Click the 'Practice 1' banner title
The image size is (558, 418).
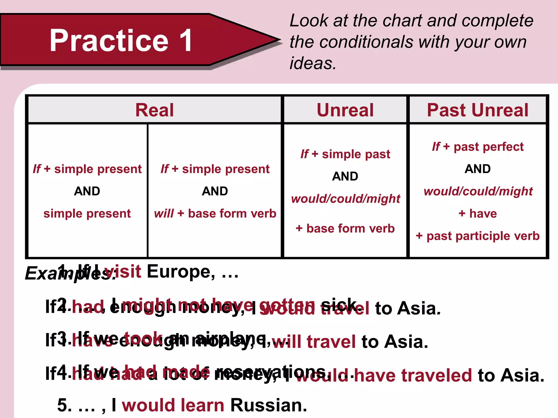(121, 41)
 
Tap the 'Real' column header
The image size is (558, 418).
(154, 110)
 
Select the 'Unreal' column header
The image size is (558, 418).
(345, 110)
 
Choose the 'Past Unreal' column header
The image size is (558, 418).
(477, 110)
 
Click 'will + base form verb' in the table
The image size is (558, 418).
(215, 214)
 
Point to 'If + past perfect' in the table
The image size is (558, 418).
(478, 147)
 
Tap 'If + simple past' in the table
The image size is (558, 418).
(345, 154)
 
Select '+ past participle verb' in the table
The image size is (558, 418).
(478, 236)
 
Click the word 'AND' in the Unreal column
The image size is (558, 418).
(345, 176)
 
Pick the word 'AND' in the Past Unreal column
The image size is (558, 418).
(478, 169)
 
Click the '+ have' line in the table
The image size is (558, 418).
(478, 214)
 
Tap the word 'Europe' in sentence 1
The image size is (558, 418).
(179, 272)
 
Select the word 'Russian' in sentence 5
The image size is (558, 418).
(268, 405)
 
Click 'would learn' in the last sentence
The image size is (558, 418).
(173, 405)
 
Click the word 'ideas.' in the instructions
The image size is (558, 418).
(313, 63)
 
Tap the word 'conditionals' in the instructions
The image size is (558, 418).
(366, 42)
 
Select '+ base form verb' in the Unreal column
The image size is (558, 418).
(345, 229)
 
